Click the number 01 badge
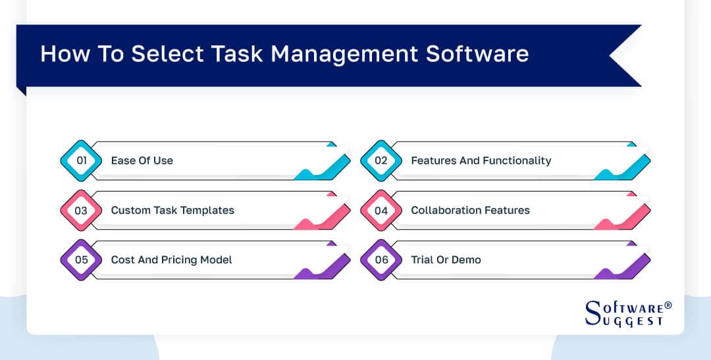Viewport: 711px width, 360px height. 81,161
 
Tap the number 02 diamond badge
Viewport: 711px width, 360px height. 381,161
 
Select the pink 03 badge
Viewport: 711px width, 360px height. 81,211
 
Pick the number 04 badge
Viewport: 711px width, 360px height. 381,211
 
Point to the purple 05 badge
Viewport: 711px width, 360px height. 81,260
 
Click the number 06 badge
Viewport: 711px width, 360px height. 381,260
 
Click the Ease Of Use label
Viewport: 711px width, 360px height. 142,161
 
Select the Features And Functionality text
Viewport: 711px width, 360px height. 481,161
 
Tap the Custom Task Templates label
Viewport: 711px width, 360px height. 172,211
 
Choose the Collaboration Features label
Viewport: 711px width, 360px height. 470,211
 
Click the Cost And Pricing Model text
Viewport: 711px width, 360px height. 171,260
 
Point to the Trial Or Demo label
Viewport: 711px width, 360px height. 446,260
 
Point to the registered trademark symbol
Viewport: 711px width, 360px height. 668,306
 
